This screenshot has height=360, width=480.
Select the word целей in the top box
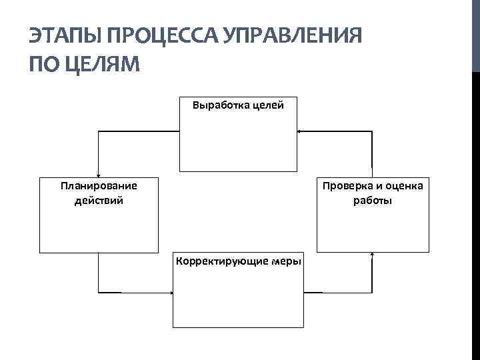[266, 105]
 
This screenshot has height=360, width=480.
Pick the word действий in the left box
[99, 199]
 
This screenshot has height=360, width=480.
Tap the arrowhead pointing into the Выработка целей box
[299, 131]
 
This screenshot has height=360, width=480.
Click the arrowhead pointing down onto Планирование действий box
[99, 175]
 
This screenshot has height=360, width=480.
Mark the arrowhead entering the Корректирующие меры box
[171, 293]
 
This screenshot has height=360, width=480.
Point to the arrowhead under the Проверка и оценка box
[372, 255]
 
